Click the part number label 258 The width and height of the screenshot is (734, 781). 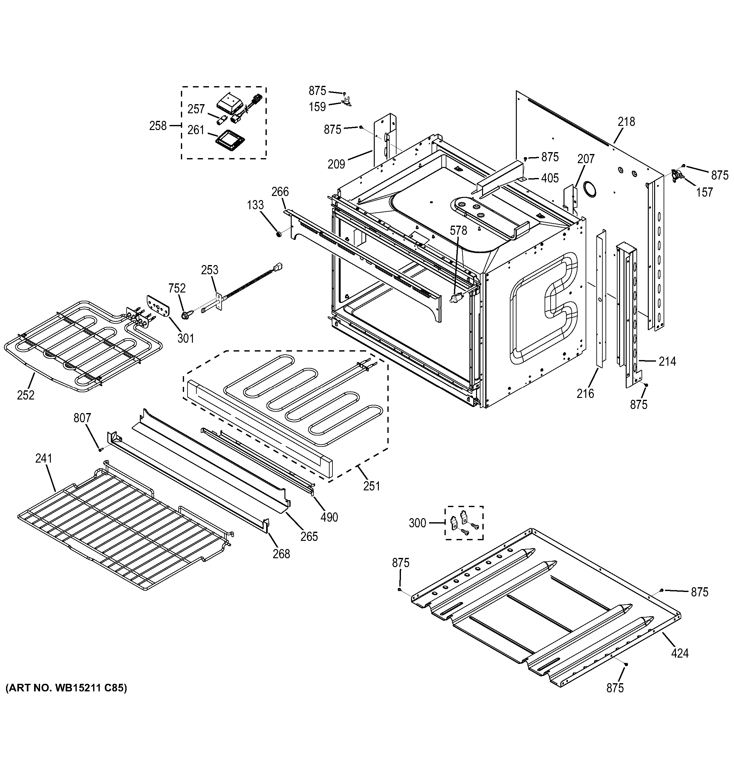click(x=158, y=126)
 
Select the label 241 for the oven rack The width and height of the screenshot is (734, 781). click(x=44, y=459)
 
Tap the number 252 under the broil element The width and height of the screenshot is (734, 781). click(x=26, y=395)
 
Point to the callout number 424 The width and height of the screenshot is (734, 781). click(x=680, y=653)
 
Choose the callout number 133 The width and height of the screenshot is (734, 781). click(x=255, y=205)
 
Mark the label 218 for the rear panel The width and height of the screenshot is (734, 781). click(x=626, y=122)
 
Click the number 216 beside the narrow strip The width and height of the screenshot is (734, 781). click(x=585, y=393)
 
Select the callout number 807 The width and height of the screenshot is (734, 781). click(x=82, y=418)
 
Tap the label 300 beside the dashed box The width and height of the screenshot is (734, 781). click(x=417, y=523)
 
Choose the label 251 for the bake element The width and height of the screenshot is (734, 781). click(x=372, y=486)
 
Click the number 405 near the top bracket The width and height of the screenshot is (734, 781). click(x=550, y=178)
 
